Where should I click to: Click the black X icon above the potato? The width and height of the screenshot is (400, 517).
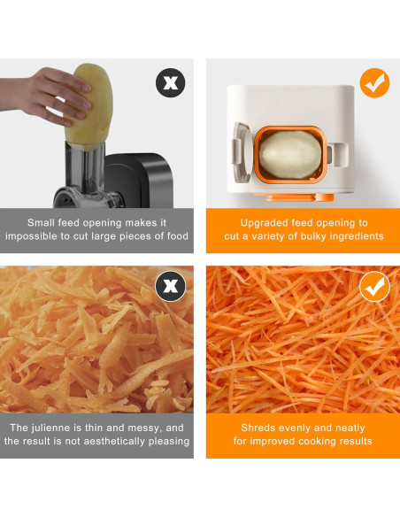click(x=170, y=82)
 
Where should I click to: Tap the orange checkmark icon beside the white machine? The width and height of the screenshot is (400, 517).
click(x=374, y=82)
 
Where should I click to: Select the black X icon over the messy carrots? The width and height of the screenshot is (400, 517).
click(x=170, y=286)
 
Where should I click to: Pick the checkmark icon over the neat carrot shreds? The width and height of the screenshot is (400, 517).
click(x=374, y=287)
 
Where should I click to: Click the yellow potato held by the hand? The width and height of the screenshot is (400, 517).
click(x=89, y=106)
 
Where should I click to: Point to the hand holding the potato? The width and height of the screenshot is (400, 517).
click(x=46, y=96)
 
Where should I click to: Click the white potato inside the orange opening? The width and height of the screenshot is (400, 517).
click(x=289, y=154)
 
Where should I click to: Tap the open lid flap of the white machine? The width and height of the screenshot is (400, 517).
click(x=242, y=152)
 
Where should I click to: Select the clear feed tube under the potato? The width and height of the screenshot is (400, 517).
click(x=85, y=167)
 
